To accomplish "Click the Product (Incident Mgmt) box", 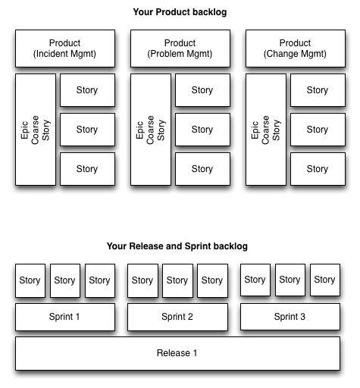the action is (65, 48).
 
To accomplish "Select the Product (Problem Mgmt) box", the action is (180, 48).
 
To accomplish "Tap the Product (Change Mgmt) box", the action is (296, 48).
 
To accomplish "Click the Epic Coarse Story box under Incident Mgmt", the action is (36, 130).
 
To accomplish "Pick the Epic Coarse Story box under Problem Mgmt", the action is (151, 130).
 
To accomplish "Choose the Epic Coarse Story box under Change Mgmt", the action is (266, 130).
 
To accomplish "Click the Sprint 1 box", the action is (65, 317).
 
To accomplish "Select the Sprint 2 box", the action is (177, 317).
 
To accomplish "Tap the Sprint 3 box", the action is (290, 317).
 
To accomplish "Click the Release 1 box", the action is (178, 353).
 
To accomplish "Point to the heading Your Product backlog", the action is (180, 12).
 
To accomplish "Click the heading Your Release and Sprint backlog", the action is (177, 246).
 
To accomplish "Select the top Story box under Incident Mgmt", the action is (87, 90).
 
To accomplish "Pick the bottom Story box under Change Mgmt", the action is (318, 169).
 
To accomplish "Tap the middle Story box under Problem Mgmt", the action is (202, 130).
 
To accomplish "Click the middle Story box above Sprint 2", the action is (177, 280).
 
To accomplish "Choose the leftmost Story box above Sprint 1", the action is (30, 280).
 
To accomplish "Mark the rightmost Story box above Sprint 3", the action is (325, 280).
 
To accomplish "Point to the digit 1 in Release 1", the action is (195, 353).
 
